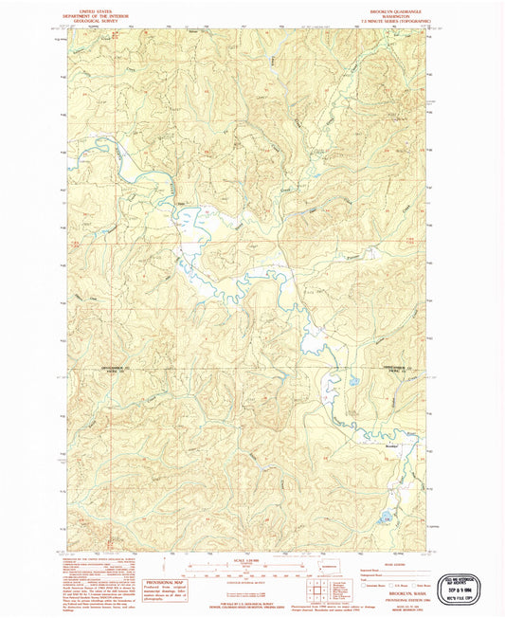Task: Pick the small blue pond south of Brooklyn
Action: tap(387, 518)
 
